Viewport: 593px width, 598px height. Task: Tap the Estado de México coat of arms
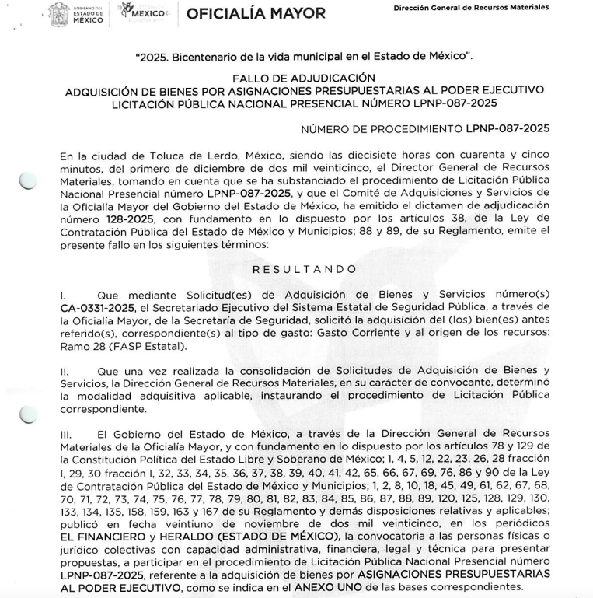(x=58, y=13)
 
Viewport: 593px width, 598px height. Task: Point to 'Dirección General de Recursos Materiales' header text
(x=471, y=7)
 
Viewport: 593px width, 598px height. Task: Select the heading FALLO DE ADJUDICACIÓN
(x=304, y=78)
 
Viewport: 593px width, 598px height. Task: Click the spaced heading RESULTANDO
(x=305, y=269)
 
